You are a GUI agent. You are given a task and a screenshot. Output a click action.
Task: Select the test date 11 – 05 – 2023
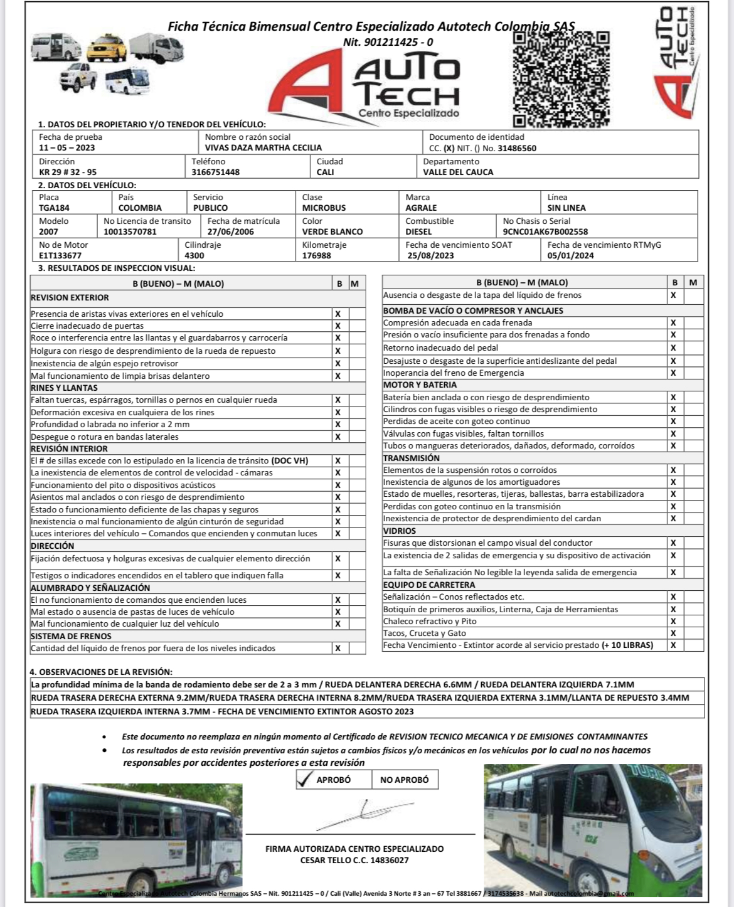tap(67, 148)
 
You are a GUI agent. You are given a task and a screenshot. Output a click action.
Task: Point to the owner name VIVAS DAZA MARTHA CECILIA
tap(263, 148)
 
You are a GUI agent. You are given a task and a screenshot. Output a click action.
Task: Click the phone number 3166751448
tap(216, 172)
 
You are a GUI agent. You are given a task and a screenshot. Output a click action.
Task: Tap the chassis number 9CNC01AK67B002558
tap(545, 231)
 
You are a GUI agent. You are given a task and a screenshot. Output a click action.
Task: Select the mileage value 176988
tap(317, 255)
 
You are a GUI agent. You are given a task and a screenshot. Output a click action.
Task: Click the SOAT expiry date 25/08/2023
tap(430, 255)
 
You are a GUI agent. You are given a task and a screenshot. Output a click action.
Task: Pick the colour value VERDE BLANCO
tap(332, 231)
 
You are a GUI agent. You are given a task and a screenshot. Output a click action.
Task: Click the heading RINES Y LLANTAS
tap(64, 388)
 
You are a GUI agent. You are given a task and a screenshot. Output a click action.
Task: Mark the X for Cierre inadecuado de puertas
tap(338, 326)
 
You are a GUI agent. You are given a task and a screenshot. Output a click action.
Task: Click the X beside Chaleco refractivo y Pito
tap(673, 621)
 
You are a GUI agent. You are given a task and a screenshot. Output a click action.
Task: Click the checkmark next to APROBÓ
tap(305, 780)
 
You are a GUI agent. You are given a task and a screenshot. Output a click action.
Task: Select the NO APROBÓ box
tap(405, 780)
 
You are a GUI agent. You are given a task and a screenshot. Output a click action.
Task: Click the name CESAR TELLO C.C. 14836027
tap(354, 860)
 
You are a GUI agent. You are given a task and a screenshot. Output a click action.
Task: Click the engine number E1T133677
tap(60, 255)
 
